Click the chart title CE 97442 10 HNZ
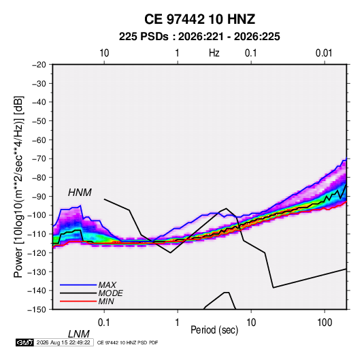[x=199, y=19]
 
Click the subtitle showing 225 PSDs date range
[x=199, y=37]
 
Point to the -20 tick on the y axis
[x=39, y=65]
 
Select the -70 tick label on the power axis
[x=39, y=159]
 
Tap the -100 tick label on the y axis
[x=37, y=215]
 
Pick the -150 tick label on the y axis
[x=37, y=310]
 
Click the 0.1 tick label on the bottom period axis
[x=103, y=323]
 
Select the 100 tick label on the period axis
[x=325, y=323]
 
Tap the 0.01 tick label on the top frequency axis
[x=324, y=53]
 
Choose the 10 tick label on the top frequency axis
[x=104, y=53]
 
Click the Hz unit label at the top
[x=214, y=53]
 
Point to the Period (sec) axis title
[x=214, y=329]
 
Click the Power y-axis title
[x=18, y=186]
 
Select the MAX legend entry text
[x=107, y=285]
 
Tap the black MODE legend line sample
[x=78, y=293]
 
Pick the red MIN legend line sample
[x=78, y=301]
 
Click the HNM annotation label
[x=80, y=193]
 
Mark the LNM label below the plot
[x=79, y=334]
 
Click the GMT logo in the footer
[x=25, y=342]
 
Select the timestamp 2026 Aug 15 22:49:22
[x=63, y=342]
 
